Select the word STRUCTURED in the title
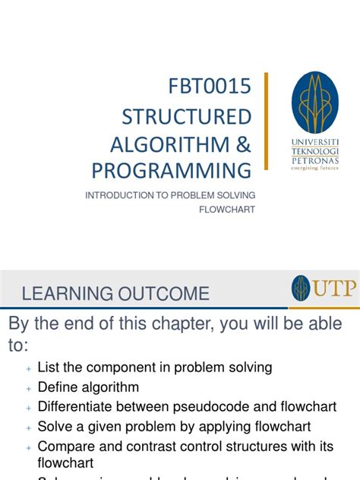[x=187, y=117]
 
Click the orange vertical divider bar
[x=266, y=121]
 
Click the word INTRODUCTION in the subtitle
[x=118, y=195]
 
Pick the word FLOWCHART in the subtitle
[x=227, y=208]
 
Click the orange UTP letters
[x=335, y=289]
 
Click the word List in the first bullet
[x=49, y=368]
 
